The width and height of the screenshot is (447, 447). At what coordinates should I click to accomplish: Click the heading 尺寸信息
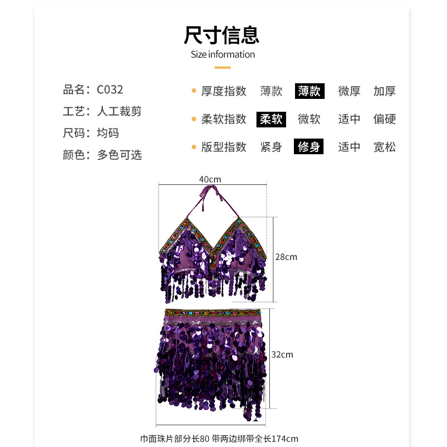[221, 35]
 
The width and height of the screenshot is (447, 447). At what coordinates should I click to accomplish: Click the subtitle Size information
[222, 54]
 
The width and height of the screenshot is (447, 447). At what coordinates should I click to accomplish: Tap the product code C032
[110, 89]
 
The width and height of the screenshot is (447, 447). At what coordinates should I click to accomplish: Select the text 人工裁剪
[119, 111]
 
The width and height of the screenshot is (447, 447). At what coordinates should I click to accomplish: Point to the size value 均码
[108, 133]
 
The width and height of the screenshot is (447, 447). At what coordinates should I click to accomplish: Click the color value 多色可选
[120, 155]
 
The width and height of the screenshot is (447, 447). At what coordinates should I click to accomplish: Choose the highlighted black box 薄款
[310, 91]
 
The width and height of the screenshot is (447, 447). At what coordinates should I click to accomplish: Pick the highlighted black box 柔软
[271, 119]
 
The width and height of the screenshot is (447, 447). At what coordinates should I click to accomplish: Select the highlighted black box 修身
[309, 146]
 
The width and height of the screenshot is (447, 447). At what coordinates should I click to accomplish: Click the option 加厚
[384, 91]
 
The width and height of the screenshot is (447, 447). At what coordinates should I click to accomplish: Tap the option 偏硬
[384, 119]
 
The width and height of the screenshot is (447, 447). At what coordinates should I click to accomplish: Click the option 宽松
[384, 147]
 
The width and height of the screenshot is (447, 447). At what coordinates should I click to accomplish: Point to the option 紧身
[271, 147]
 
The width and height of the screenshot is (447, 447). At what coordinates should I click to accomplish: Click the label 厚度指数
[224, 91]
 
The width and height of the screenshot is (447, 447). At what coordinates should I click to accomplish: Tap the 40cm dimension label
[210, 179]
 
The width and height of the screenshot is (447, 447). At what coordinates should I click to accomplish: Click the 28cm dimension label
[286, 257]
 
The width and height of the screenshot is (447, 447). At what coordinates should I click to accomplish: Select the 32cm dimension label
[282, 355]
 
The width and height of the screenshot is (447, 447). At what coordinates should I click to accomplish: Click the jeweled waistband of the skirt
[213, 313]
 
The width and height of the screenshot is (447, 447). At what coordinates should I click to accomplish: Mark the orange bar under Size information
[222, 68]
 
